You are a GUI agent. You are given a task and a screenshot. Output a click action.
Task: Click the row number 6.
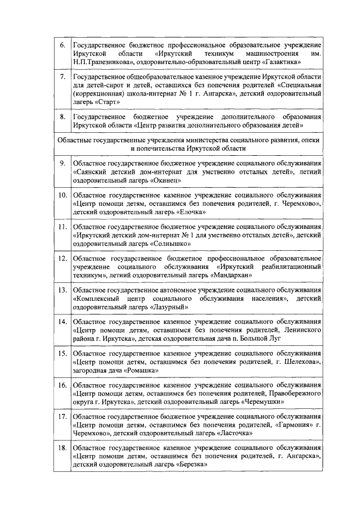[x=62, y=44]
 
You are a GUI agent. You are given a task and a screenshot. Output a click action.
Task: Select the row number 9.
[x=62, y=163]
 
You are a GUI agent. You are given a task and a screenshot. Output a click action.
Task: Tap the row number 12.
[x=62, y=258]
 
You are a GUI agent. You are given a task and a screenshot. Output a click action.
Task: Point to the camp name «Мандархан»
[x=230, y=275]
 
